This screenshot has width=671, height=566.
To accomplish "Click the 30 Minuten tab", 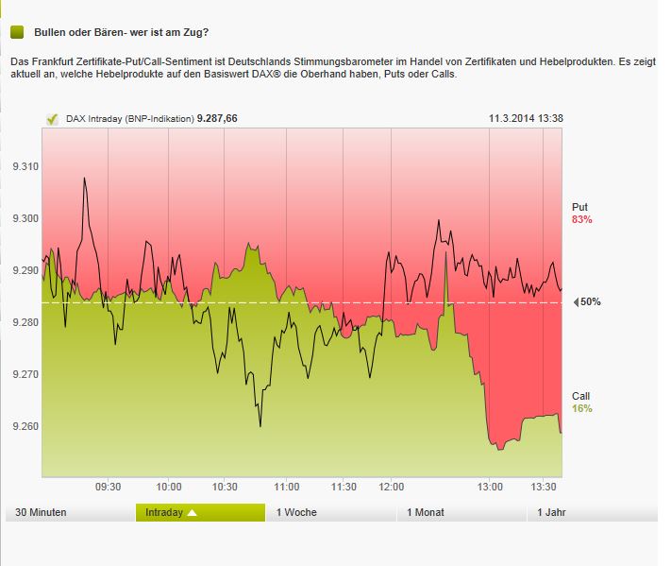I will click(x=42, y=512).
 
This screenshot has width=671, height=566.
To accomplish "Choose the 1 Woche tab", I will click(x=296, y=512).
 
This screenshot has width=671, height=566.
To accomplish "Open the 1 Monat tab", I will click(x=426, y=512).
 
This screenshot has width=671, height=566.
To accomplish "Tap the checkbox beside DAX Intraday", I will click(x=52, y=119).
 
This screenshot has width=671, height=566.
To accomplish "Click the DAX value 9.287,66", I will click(x=216, y=119).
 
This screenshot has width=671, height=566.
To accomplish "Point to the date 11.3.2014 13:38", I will click(x=526, y=119).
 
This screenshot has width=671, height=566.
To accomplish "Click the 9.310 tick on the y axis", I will click(x=25, y=166).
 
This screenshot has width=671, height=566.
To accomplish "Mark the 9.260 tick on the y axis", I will click(x=25, y=426).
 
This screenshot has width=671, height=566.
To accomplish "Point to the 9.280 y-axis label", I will click(x=25, y=322).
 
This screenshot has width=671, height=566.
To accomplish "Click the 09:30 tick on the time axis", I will click(x=109, y=487).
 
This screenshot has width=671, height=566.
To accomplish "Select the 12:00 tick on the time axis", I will click(x=392, y=487).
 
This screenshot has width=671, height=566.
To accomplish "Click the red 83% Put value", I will click(x=581, y=219).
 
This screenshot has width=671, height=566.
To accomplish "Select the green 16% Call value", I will click(x=581, y=408).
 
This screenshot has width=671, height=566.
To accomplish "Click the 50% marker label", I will click(x=590, y=302).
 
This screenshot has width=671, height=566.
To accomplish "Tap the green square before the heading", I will click(x=17, y=32).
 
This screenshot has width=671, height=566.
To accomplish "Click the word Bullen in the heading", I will click(x=51, y=32).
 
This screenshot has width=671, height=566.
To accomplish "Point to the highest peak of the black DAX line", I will click(x=85, y=178).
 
